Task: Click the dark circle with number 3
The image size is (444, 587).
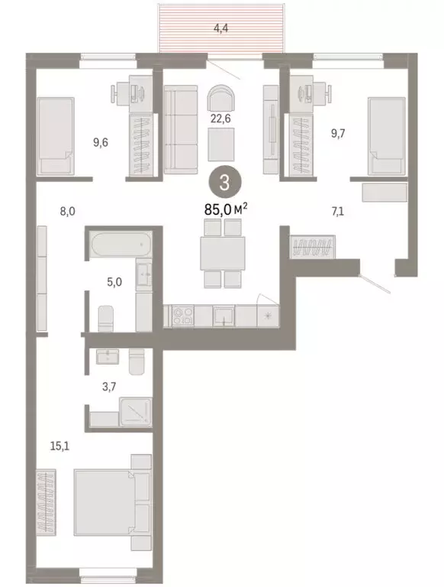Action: [222, 182]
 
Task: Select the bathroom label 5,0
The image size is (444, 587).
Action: [113, 281]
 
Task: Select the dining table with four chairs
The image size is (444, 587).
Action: [222, 253]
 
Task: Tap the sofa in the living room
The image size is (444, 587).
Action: [180, 130]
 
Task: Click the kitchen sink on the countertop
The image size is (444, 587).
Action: [223, 315]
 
